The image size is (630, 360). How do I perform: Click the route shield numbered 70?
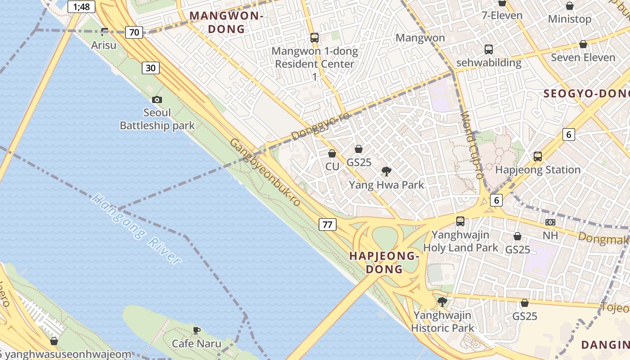(x=134, y=32)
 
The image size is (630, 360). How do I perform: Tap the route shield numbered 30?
(x=151, y=68)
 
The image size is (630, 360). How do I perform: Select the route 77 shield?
(x=328, y=224)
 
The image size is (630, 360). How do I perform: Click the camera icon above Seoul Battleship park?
(x=157, y=100)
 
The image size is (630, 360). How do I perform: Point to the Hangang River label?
(x=137, y=229)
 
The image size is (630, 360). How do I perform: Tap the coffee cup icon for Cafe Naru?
(x=197, y=331)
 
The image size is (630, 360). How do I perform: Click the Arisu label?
(x=103, y=45)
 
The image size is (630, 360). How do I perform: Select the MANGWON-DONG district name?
(x=226, y=22)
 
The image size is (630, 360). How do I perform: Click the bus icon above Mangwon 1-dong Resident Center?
(x=315, y=38)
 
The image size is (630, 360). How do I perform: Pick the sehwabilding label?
(x=489, y=63)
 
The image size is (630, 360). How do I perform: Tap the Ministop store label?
(x=570, y=19)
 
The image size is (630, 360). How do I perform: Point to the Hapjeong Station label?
(x=538, y=170)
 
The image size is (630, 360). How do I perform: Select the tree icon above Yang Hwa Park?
(x=386, y=171)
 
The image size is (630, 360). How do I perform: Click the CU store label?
(x=332, y=166)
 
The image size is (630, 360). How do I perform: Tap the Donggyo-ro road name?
(x=320, y=127)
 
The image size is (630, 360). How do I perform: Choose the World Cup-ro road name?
(x=472, y=145)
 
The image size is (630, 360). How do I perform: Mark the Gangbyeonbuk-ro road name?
(x=265, y=172)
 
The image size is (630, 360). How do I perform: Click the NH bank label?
(x=550, y=235)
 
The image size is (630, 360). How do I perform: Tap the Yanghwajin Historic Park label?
(x=442, y=321)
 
